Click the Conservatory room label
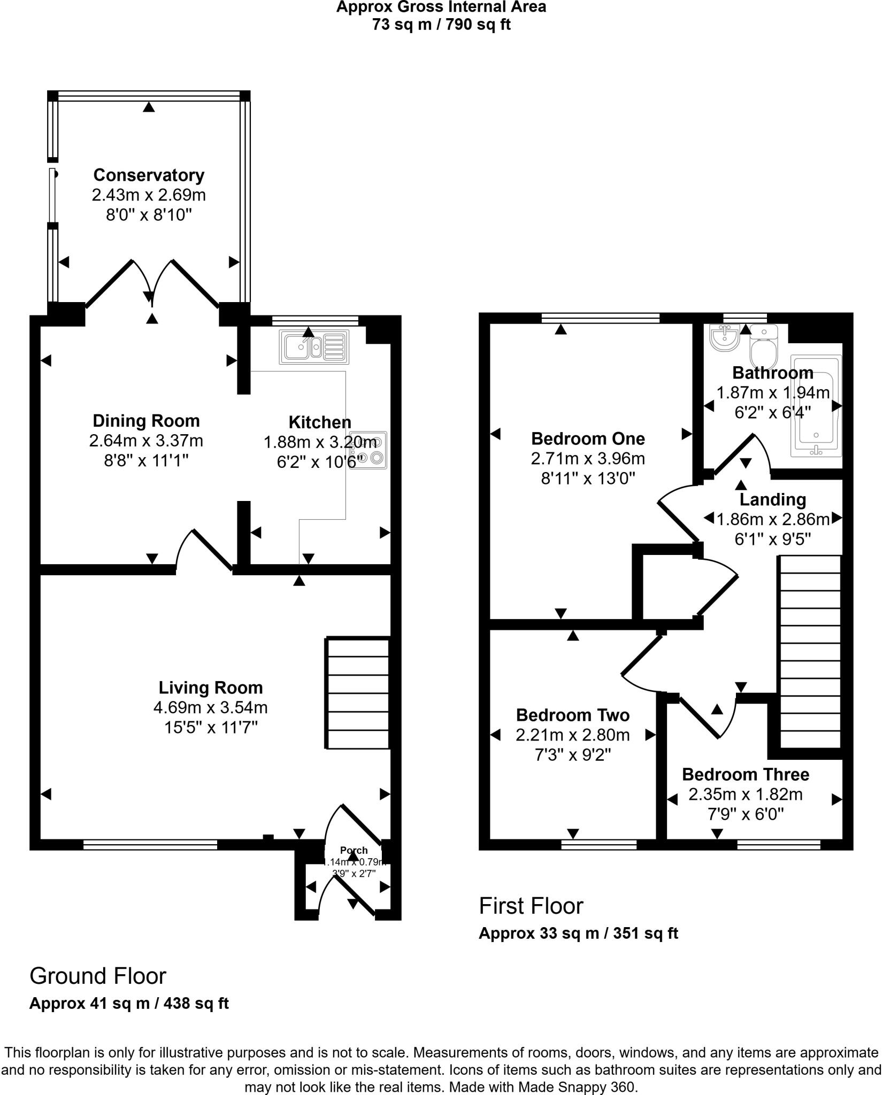tap(149, 175)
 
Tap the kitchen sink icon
tap(313, 346)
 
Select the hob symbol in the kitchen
tap(368, 450)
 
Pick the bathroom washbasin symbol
tap(725, 338)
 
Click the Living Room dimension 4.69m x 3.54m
tap(210, 707)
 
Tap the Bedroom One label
tap(588, 439)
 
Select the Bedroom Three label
tap(745, 774)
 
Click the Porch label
tap(354, 850)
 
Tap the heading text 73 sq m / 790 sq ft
tap(441, 25)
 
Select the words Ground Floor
tap(98, 976)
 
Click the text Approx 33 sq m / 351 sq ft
tap(578, 934)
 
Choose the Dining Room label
tap(146, 421)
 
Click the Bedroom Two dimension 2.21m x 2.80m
tap(572, 735)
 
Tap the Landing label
tap(772, 499)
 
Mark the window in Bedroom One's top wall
tap(600, 319)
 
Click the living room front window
tap(150, 844)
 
